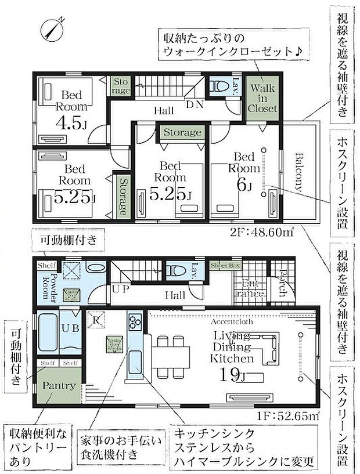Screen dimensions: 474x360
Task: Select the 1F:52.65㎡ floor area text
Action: pos(287,416)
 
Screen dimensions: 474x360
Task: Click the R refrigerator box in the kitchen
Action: pos(95,319)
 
